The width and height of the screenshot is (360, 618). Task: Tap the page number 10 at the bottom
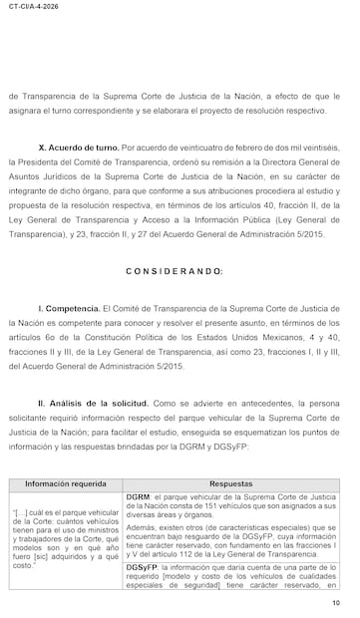tap(335, 603)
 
